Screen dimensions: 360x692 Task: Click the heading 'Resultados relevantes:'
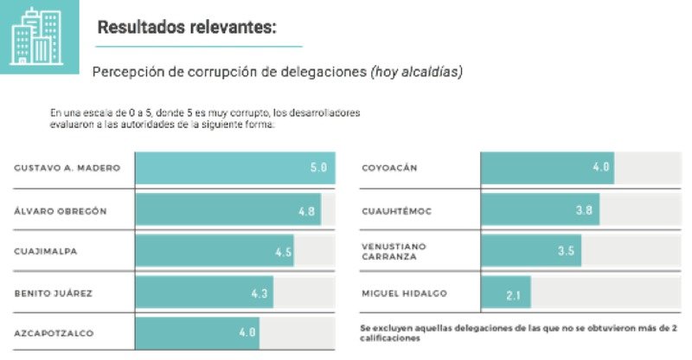[x=187, y=27]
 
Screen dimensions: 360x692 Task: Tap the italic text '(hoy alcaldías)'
[x=416, y=72]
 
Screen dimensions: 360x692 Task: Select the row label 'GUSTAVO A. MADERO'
[x=67, y=167]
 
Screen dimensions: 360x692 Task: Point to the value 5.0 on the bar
[x=318, y=167]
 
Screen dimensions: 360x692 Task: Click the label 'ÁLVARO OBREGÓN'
[x=61, y=210]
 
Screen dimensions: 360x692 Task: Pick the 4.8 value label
[x=306, y=210]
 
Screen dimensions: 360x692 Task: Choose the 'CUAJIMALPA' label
[x=46, y=252]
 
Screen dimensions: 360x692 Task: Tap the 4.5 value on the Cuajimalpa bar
[x=283, y=252]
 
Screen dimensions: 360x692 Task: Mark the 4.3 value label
[x=259, y=293]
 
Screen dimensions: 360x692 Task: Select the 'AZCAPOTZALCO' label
[x=54, y=333]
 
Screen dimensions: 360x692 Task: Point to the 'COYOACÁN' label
[x=389, y=167]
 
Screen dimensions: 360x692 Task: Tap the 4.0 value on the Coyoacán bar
[x=601, y=167]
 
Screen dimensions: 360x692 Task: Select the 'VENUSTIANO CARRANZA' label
[x=394, y=251]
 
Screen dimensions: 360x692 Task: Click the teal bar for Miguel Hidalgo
[x=505, y=293]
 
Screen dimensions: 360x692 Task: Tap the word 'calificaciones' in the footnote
[x=390, y=339]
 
